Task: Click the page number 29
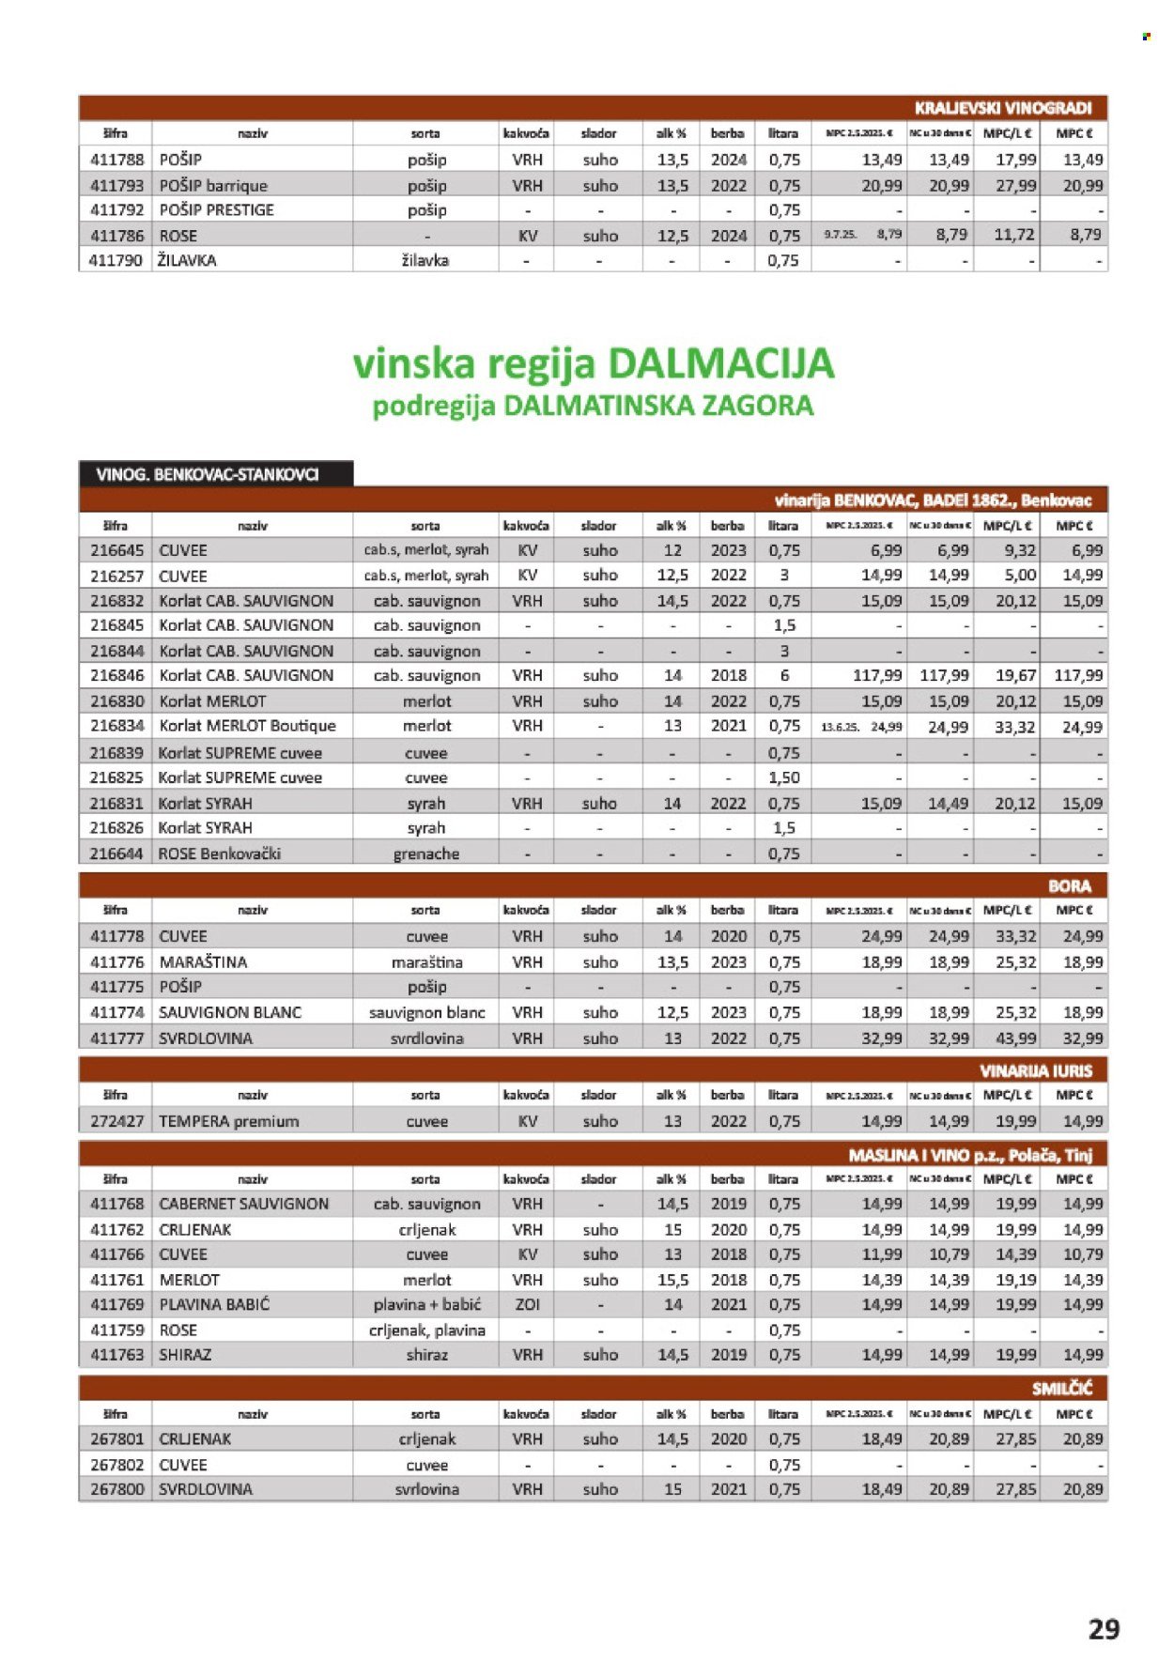point(1104,1629)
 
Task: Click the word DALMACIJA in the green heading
point(720,363)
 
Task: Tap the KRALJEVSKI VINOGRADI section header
point(1003,108)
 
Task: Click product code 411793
point(116,186)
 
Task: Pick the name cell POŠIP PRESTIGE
point(217,210)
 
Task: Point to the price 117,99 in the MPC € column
point(1077,675)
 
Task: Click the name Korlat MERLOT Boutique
point(247,726)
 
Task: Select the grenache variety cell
point(426,854)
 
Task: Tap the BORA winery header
point(1069,885)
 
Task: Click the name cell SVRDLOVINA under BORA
point(206,1038)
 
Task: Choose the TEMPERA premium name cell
point(229,1121)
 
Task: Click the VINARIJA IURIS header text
point(1035,1070)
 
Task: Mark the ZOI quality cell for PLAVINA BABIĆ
point(527,1304)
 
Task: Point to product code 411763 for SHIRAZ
point(116,1355)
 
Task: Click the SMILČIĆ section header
point(1061,1388)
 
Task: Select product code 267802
point(116,1465)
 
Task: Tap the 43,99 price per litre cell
point(1015,1038)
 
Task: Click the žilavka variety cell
point(425,260)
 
